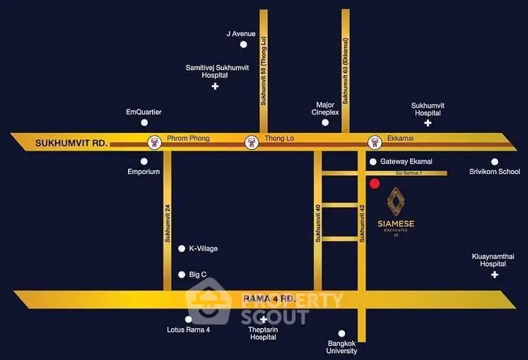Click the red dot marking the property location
point(375,184)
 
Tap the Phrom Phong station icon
point(153,142)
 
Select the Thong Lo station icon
point(250,142)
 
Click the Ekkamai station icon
point(372,142)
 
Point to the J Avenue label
point(241,33)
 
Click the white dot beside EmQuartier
point(145,123)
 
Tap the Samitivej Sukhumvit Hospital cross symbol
point(215,86)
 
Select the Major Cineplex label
point(326,108)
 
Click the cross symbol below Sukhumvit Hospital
point(428,123)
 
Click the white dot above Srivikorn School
point(495,161)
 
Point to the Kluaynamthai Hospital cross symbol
point(495,274)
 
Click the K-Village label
point(203,249)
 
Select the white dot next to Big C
point(181,274)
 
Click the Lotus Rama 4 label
point(188,330)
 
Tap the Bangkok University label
point(342,347)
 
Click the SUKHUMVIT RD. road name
point(71,144)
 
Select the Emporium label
point(143,172)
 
